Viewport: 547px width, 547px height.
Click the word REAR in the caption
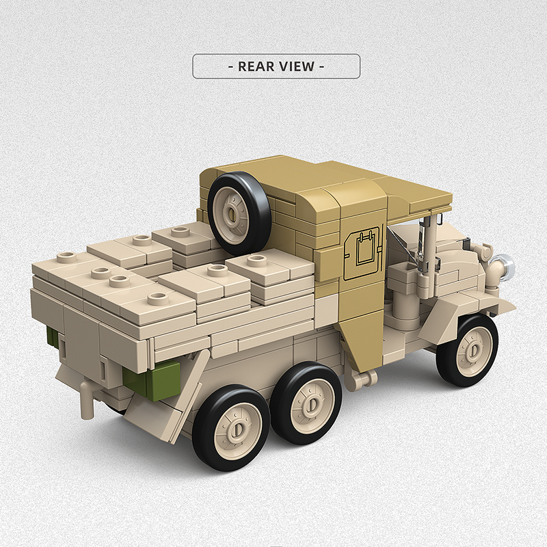(x=256, y=66)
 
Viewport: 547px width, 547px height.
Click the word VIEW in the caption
(x=297, y=66)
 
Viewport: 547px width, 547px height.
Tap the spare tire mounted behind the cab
(x=239, y=211)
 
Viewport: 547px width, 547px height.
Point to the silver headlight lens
(x=505, y=266)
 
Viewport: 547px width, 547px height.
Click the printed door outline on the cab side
(x=362, y=255)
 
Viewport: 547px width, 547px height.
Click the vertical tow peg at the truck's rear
(x=86, y=401)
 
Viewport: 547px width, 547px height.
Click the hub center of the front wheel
(x=471, y=349)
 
